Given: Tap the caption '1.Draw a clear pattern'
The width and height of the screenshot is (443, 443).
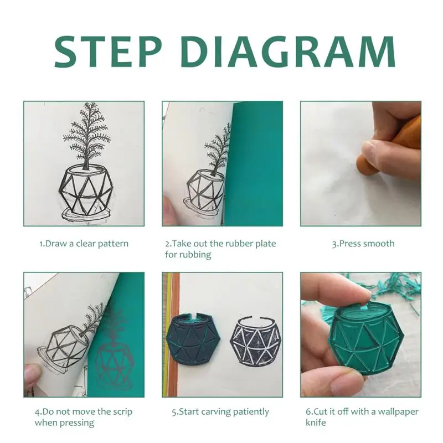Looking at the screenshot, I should (x=84, y=244).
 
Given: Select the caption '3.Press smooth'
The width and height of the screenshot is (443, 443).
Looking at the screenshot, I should (x=363, y=244).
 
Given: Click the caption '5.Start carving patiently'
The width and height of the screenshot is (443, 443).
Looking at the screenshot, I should (x=220, y=411).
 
